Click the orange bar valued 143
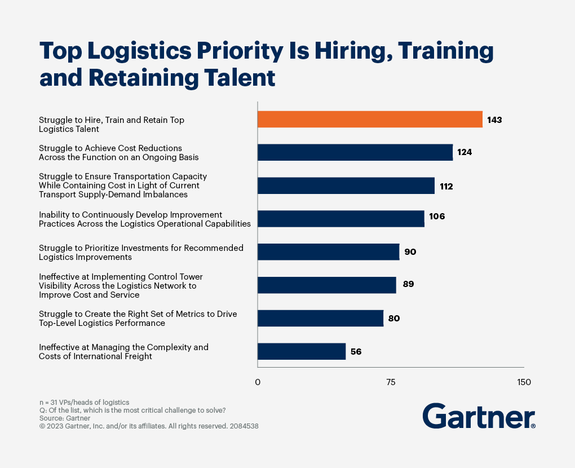tap(370, 120)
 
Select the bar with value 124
tap(355, 152)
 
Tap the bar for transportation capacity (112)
tap(346, 186)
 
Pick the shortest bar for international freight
tap(301, 351)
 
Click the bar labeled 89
tap(326, 285)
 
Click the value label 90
tap(410, 252)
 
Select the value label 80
tap(394, 319)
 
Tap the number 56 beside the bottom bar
tap(356, 351)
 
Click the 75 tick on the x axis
tap(391, 382)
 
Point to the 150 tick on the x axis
tap(524, 382)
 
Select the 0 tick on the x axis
tap(258, 382)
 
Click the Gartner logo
tap(479, 417)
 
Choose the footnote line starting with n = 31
tap(84, 402)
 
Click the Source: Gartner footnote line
tap(65, 418)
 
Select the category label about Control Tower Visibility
tap(121, 285)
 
